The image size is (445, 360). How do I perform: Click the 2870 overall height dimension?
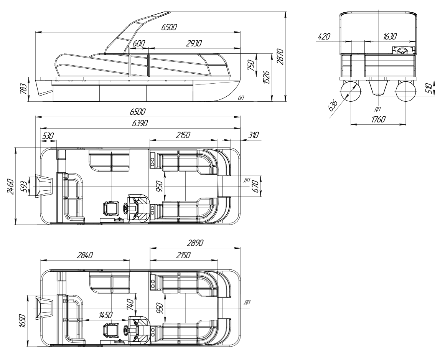point(280,57)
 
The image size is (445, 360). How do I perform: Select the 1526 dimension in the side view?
point(267,76)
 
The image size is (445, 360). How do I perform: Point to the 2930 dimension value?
point(194,43)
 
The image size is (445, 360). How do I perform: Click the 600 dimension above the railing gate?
point(139,43)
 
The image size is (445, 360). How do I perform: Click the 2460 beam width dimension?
point(10,186)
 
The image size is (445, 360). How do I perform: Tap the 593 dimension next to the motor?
point(25,186)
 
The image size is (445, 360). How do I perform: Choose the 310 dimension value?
point(253,135)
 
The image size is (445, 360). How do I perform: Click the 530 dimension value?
point(48,135)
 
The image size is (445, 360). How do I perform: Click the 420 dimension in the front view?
point(324,36)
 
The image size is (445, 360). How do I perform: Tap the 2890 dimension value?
point(195,243)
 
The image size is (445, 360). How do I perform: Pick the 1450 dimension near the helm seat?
point(105,315)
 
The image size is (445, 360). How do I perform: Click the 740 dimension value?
point(130,304)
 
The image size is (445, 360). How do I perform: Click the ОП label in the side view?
point(241,98)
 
